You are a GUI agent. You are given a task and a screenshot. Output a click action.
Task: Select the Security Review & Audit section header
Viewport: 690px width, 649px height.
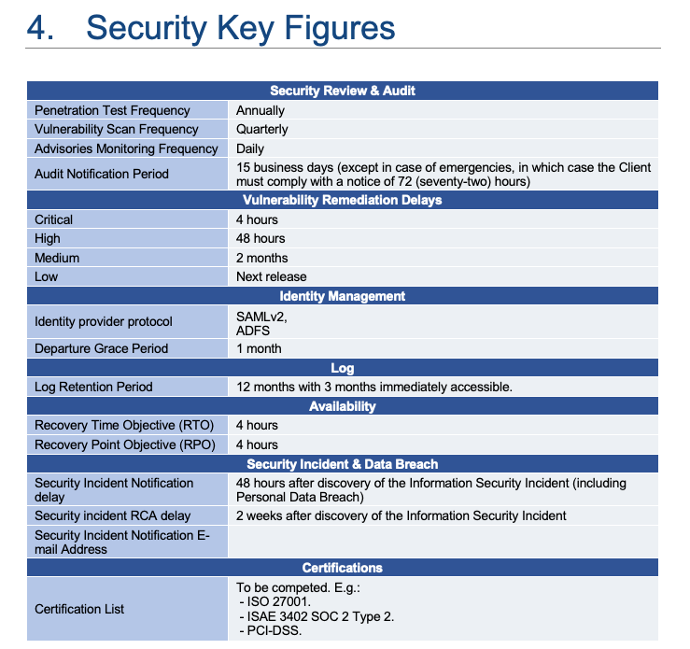point(343,91)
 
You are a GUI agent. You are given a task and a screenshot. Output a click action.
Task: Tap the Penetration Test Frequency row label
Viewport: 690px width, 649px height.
point(112,110)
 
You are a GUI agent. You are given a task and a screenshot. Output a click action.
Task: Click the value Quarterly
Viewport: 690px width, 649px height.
point(261,129)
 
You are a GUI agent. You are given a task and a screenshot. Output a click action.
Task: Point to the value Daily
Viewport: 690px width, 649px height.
point(249,148)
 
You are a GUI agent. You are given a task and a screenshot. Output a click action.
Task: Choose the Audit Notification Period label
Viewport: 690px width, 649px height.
point(102,174)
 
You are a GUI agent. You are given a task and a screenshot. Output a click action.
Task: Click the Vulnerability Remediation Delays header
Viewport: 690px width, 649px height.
point(343,200)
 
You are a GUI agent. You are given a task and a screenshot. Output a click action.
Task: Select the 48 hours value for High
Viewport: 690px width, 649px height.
point(261,238)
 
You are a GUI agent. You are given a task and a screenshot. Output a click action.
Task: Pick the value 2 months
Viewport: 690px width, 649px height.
point(261,258)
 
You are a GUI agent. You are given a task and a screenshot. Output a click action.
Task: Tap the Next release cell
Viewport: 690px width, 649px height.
point(271,276)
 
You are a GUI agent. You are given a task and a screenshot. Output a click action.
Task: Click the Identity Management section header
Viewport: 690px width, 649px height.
point(343,296)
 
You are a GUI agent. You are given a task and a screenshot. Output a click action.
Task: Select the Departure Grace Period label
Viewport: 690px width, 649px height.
point(102,348)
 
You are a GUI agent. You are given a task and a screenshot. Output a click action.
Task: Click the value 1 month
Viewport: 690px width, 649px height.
point(259,348)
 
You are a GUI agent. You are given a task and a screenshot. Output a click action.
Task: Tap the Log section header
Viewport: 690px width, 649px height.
point(343,368)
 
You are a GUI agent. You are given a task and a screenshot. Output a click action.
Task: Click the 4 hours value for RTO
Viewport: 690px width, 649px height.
point(257,425)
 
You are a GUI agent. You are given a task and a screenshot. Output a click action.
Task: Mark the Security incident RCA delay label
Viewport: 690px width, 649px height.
point(112,515)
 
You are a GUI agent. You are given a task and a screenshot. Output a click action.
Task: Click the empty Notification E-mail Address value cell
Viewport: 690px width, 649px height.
point(444,542)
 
